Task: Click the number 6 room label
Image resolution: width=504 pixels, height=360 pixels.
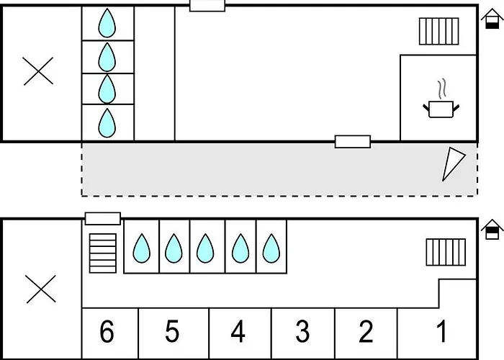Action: pyautogui.click(x=107, y=332)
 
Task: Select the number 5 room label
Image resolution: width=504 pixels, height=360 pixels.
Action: pyautogui.click(x=172, y=332)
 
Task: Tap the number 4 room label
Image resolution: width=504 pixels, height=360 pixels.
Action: pyautogui.click(x=238, y=332)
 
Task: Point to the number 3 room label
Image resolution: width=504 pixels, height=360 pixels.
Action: pyautogui.click(x=303, y=332)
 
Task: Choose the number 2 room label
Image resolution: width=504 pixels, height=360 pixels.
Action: pyautogui.click(x=366, y=332)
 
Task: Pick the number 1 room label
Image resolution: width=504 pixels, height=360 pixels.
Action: pyautogui.click(x=442, y=332)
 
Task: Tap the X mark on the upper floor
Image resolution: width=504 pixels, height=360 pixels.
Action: pyautogui.click(x=38, y=71)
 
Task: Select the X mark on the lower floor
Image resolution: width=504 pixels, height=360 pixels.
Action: pyautogui.click(x=40, y=289)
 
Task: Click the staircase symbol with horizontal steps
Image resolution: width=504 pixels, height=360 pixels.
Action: pyautogui.click(x=102, y=253)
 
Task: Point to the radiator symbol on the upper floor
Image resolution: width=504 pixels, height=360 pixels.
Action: pyautogui.click(x=439, y=31)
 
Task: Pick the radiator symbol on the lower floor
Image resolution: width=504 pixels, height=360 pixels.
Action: pyautogui.click(x=446, y=253)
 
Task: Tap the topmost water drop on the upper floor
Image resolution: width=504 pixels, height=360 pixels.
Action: pyautogui.click(x=107, y=23)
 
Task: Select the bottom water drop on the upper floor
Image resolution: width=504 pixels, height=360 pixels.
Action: pyautogui.click(x=107, y=122)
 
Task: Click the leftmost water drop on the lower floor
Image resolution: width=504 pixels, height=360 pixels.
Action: pyautogui.click(x=141, y=248)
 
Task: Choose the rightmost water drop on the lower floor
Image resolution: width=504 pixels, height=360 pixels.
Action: pyautogui.click(x=271, y=248)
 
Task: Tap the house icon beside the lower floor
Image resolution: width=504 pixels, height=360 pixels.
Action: pyautogui.click(x=492, y=230)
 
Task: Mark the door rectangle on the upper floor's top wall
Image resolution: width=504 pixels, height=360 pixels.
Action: pyautogui.click(x=207, y=6)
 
